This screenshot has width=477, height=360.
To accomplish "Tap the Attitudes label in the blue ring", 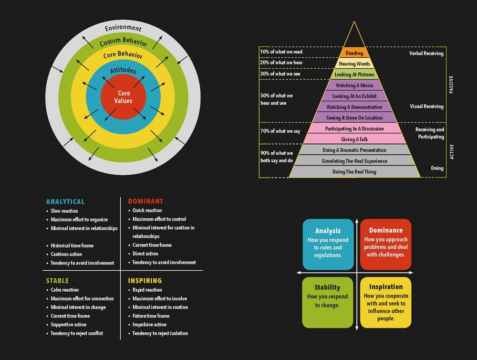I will click(123, 71).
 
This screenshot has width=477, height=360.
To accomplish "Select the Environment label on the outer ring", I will click(123, 28).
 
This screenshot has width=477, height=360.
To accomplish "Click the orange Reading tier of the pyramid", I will click(354, 53).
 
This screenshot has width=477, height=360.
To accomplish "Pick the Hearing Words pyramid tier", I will click(354, 64).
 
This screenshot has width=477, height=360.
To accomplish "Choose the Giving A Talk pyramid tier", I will click(354, 139).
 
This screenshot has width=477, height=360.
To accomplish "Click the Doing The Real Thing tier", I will click(354, 172).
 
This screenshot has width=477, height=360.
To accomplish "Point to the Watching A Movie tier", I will click(354, 85).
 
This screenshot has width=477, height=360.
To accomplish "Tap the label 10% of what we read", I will click(281, 52).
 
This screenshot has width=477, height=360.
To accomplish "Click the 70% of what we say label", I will click(280, 131).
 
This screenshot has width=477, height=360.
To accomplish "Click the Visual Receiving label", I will click(426, 106).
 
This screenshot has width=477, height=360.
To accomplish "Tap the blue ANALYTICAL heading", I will click(65, 201).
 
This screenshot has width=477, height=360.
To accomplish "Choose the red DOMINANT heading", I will click(145, 201).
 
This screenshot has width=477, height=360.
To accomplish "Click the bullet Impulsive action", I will click(149, 325).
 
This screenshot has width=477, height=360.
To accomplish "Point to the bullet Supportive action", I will click(69, 325).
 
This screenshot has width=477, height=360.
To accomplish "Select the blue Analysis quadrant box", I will click(328, 244).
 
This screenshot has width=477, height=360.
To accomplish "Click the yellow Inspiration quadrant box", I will click(385, 302).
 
